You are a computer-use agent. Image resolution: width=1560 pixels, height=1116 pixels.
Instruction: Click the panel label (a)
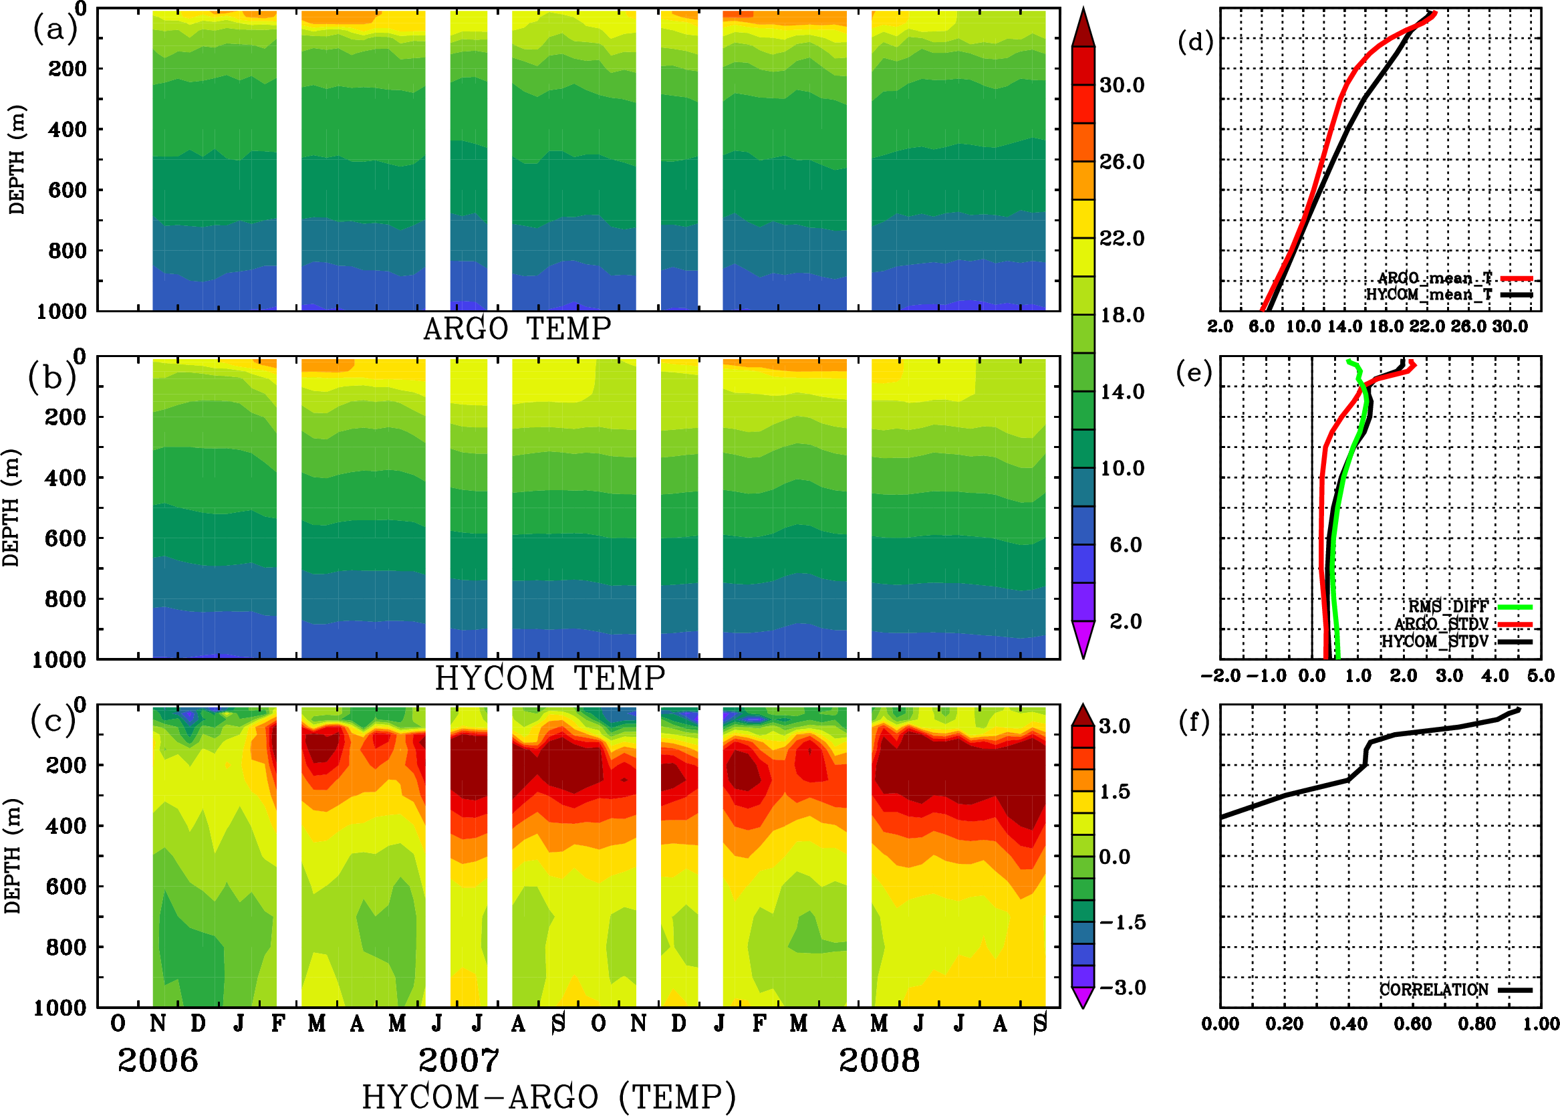(55, 29)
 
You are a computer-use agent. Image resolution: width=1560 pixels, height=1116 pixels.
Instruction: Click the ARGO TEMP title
(517, 329)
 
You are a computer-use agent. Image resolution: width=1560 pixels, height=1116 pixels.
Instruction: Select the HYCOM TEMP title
(549, 678)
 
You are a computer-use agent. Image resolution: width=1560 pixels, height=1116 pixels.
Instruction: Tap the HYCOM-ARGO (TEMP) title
(548, 1096)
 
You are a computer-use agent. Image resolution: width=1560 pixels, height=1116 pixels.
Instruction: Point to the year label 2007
(459, 1061)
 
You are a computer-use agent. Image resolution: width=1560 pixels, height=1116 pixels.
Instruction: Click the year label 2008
(878, 1061)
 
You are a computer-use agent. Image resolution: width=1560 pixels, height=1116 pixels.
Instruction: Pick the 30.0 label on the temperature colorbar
(1122, 85)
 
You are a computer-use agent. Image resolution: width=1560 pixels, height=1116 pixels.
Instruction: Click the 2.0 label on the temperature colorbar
(1125, 621)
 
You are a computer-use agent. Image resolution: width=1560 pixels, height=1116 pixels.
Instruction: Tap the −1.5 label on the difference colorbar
(1122, 922)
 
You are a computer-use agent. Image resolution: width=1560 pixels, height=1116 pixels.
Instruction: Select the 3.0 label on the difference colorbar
(1114, 726)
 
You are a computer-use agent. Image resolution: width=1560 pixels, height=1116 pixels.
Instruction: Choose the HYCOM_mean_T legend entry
(1430, 294)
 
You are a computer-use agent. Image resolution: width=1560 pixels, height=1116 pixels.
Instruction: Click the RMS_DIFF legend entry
(1448, 606)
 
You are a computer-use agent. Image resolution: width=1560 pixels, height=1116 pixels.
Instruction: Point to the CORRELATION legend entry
(1434, 990)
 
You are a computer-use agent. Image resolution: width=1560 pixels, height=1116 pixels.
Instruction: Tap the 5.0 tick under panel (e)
(1541, 675)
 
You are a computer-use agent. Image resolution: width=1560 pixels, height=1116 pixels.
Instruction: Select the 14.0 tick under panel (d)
(1344, 326)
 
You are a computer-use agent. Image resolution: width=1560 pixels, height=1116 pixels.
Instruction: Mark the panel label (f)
(1194, 722)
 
